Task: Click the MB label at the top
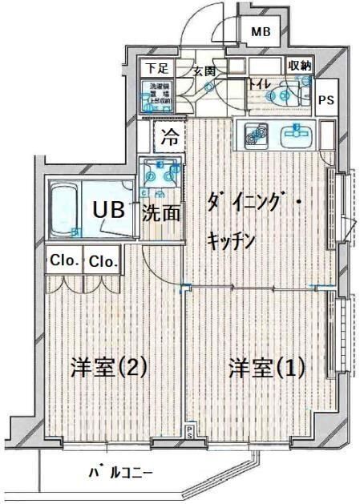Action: [261, 33]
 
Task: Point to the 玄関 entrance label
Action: [204, 71]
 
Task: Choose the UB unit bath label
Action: [107, 210]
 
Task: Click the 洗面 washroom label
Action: [161, 213]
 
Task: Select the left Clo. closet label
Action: [63, 260]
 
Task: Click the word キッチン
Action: [232, 238]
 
